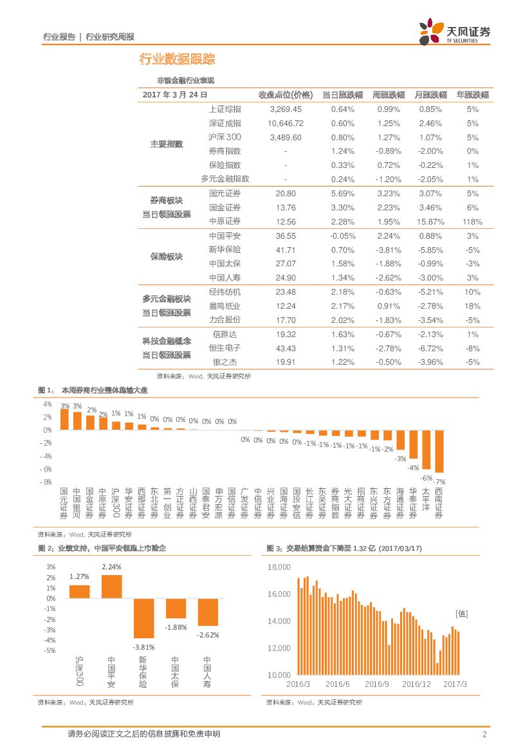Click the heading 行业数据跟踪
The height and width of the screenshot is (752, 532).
[x=177, y=60]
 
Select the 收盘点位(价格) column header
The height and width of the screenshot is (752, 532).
[x=285, y=95]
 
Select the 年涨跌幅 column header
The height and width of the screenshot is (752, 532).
[x=472, y=95]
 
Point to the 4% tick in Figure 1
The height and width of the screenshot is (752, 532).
[x=48, y=404]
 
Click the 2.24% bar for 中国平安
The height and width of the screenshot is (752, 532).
[x=111, y=586]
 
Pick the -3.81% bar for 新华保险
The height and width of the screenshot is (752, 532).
[x=143, y=618]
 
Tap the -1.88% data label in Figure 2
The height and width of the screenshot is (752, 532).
[x=175, y=627]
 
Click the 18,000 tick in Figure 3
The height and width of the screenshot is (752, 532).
[x=279, y=567]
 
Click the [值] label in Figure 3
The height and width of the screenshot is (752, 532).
[x=461, y=614]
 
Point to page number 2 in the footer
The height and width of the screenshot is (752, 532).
[x=484, y=735]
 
